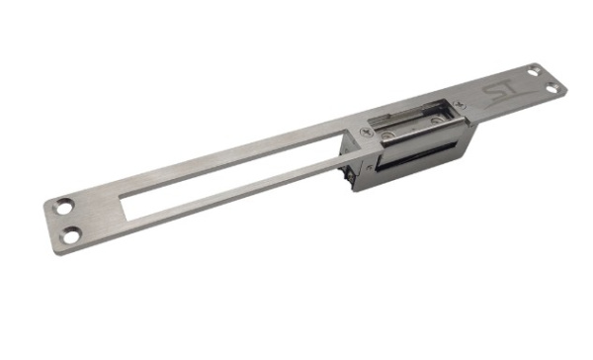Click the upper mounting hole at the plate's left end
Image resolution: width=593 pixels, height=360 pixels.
coord(63,207)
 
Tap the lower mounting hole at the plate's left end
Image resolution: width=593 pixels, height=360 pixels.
coord(71,235)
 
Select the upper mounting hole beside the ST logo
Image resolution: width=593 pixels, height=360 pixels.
coord(534,71)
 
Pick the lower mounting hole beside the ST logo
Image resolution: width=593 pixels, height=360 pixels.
coord(552,88)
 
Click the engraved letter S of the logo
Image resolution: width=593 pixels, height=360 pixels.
coord(491,92)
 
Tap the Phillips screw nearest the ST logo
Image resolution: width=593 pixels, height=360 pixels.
coord(459,103)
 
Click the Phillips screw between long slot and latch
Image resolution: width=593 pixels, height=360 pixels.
coord(366,133)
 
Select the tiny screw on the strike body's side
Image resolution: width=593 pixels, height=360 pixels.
coord(369,167)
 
